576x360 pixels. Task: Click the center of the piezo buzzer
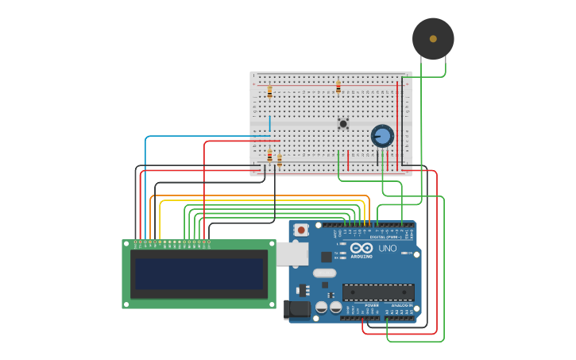click(433, 38)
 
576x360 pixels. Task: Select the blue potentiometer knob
click(382, 136)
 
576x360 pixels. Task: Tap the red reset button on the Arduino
click(301, 230)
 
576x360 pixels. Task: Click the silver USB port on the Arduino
click(292, 254)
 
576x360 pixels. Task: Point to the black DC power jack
click(297, 310)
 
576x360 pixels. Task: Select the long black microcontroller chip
click(377, 292)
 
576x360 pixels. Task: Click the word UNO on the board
click(388, 249)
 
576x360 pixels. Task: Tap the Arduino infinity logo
click(361, 249)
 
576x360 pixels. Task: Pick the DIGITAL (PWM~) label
click(385, 237)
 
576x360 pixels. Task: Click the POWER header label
click(371, 305)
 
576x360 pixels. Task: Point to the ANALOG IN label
click(401, 305)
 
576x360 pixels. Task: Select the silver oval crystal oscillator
click(324, 273)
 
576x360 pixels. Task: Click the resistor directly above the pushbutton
click(338, 87)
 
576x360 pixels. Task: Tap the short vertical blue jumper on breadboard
click(269, 123)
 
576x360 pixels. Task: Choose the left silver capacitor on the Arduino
click(322, 307)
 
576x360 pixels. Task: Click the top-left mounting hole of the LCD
click(126, 244)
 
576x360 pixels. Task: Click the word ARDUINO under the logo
click(361, 257)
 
